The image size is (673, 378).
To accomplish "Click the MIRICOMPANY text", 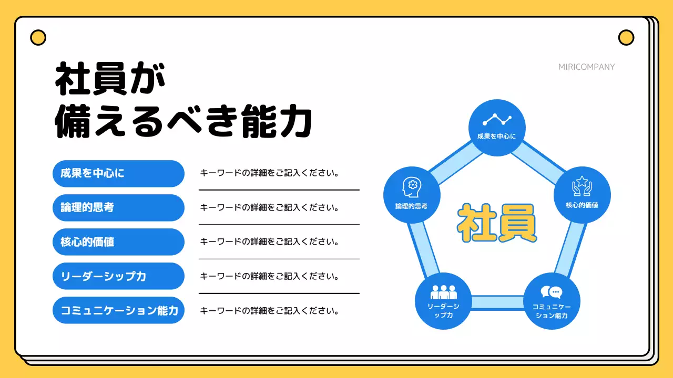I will pos(586,67).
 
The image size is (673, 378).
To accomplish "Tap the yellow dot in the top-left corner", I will pos(38,38).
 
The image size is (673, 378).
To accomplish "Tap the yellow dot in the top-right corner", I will pos(626,38).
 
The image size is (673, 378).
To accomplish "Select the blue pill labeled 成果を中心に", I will pos(118,173).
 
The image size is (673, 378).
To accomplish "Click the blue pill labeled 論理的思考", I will pos(118,207).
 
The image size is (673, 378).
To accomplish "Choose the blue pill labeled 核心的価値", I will pos(118,242).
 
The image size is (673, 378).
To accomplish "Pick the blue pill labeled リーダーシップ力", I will pos(118,276).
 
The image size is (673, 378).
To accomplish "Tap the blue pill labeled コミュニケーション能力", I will pos(118,310).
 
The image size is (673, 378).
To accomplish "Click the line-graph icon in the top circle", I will pos(497,120).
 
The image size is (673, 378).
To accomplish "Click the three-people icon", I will pos(443,292).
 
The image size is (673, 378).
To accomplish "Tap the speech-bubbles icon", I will pos(552,292).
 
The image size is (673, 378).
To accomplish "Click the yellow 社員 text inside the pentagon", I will pos(497,223).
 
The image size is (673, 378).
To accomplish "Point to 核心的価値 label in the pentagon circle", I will pos(582,205).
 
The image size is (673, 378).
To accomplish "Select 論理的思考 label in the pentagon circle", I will pos(412,206).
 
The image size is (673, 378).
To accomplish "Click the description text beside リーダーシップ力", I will pos(269,276).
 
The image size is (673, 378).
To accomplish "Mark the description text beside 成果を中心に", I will pos(269,173).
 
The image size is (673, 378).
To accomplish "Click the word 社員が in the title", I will pos(110,79).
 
